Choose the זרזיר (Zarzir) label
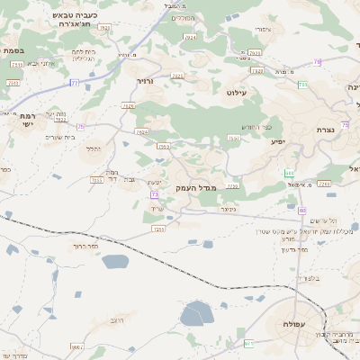coord(146,82)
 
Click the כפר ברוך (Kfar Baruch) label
coord(71,245)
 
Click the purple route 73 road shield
coord(155,193)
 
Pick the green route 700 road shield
coord(289,173)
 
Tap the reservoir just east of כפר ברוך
coord(115,262)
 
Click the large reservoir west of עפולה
coord(197,314)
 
